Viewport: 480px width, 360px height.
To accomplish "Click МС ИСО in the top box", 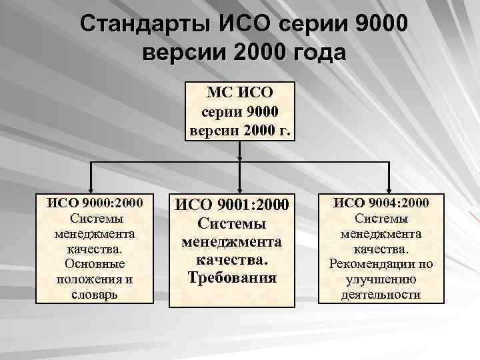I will point(239,91).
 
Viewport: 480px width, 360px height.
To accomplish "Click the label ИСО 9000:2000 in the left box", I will point(95,202).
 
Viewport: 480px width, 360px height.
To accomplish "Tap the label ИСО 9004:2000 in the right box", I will point(381,202).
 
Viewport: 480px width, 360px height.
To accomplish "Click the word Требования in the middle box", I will point(231,277).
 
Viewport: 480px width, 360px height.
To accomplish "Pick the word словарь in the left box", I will point(95,294).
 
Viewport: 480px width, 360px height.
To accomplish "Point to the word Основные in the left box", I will point(95,263).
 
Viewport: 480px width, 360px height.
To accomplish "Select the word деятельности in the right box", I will point(381,294).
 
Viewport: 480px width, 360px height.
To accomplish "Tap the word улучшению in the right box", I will point(381,279).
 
